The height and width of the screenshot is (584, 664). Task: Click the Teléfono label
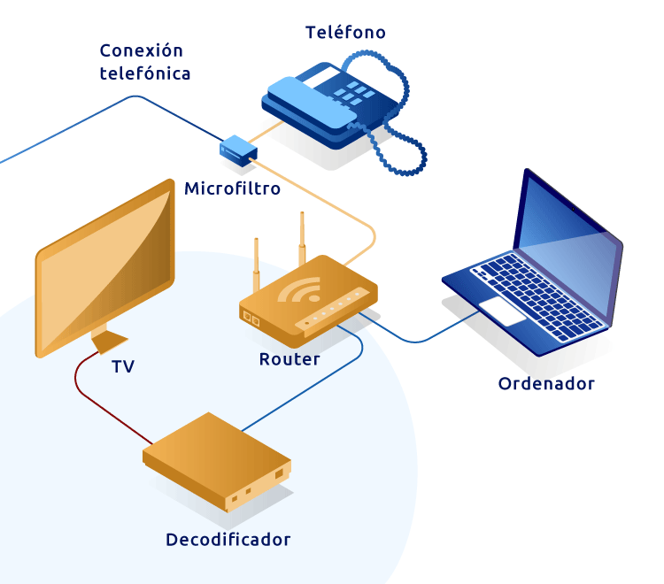coord(345,33)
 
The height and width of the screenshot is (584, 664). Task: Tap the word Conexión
coord(141,51)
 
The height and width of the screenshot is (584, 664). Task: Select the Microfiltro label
coord(232,188)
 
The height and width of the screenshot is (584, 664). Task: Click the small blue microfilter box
coord(237,151)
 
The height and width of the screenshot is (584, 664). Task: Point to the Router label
coord(290,359)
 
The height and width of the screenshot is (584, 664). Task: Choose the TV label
coord(123,366)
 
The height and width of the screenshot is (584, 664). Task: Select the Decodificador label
coord(228,539)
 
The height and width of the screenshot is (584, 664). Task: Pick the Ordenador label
coord(546,383)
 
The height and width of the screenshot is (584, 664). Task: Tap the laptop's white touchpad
coord(502,310)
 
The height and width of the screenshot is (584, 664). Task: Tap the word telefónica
coord(145,74)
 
